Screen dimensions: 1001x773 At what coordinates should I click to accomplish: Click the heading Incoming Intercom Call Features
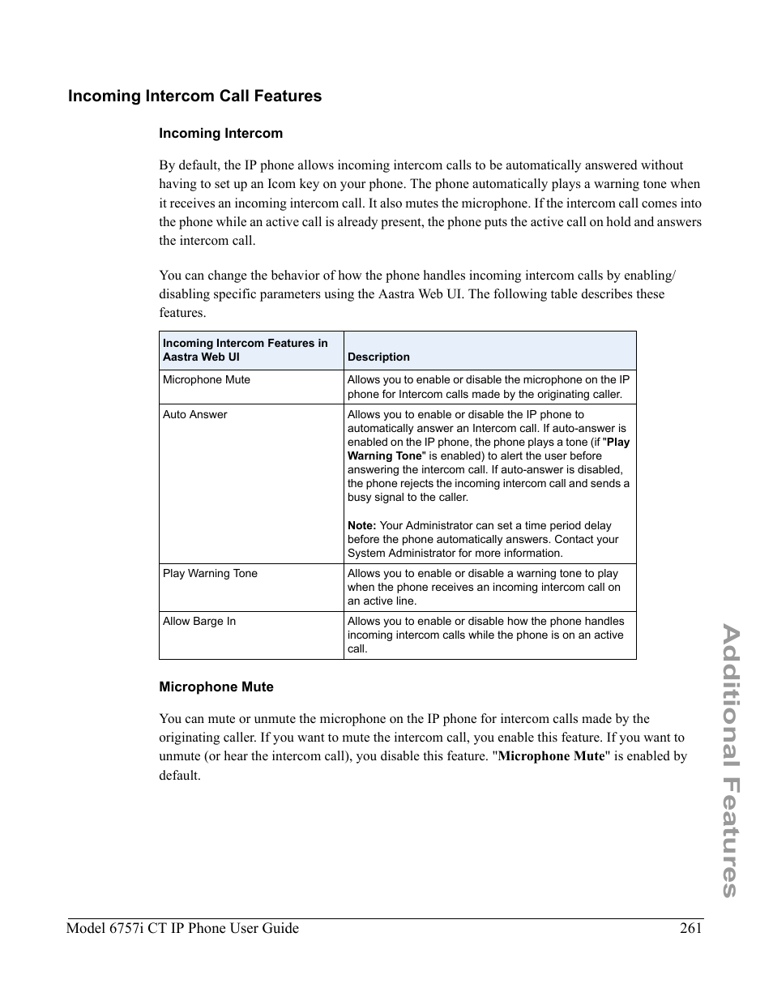tap(194, 96)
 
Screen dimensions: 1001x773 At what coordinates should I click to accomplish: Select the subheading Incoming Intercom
tap(220, 134)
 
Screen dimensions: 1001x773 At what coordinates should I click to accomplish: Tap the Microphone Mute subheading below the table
tap(216, 687)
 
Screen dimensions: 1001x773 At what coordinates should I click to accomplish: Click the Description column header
tap(378, 357)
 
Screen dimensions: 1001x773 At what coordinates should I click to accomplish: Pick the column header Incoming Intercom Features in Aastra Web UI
tap(245, 350)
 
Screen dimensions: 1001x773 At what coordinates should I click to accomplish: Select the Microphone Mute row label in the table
tap(206, 380)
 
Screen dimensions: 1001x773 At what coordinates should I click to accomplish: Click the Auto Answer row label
tap(194, 415)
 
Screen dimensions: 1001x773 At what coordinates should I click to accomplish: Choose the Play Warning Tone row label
tap(210, 574)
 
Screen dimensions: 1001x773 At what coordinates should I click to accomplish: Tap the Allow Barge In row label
tap(199, 622)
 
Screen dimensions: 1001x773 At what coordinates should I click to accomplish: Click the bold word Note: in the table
tap(361, 526)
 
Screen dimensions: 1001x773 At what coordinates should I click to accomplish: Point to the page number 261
tap(690, 929)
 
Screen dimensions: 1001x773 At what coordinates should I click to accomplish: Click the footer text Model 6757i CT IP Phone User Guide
tap(182, 929)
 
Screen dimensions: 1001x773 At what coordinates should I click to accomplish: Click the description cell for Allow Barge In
tap(485, 635)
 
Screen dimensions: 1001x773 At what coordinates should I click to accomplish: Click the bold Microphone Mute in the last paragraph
tap(551, 756)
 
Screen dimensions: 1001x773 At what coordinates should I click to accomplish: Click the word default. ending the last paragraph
tap(179, 776)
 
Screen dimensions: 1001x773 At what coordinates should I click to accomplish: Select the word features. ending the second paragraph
tap(182, 313)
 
